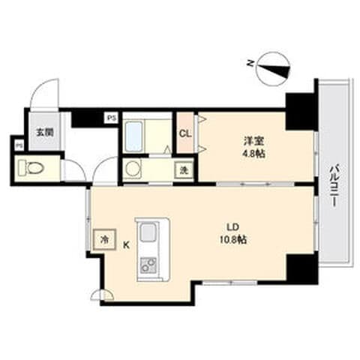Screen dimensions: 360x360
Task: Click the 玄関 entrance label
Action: click(x=45, y=132)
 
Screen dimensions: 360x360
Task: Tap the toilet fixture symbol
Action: click(x=31, y=168)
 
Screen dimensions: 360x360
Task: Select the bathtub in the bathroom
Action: click(x=133, y=136)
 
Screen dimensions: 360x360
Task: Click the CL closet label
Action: click(x=185, y=133)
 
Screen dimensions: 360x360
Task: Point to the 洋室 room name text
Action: click(x=253, y=141)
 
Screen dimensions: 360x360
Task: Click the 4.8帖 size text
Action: click(x=253, y=154)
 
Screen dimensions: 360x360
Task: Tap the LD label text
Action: click(x=233, y=227)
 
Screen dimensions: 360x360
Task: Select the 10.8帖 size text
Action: click(x=233, y=240)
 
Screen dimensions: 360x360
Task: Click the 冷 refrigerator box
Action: click(x=104, y=239)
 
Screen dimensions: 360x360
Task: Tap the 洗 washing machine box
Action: click(x=184, y=170)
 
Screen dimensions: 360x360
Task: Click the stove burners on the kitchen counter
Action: click(x=148, y=265)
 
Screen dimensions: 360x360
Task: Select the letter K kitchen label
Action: click(x=126, y=245)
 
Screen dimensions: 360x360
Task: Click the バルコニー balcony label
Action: click(x=334, y=185)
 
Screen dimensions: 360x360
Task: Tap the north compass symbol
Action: click(x=274, y=68)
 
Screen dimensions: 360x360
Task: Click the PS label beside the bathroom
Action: click(x=111, y=118)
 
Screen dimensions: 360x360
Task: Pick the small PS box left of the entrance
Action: click(x=19, y=145)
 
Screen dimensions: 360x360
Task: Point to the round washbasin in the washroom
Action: click(x=132, y=169)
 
